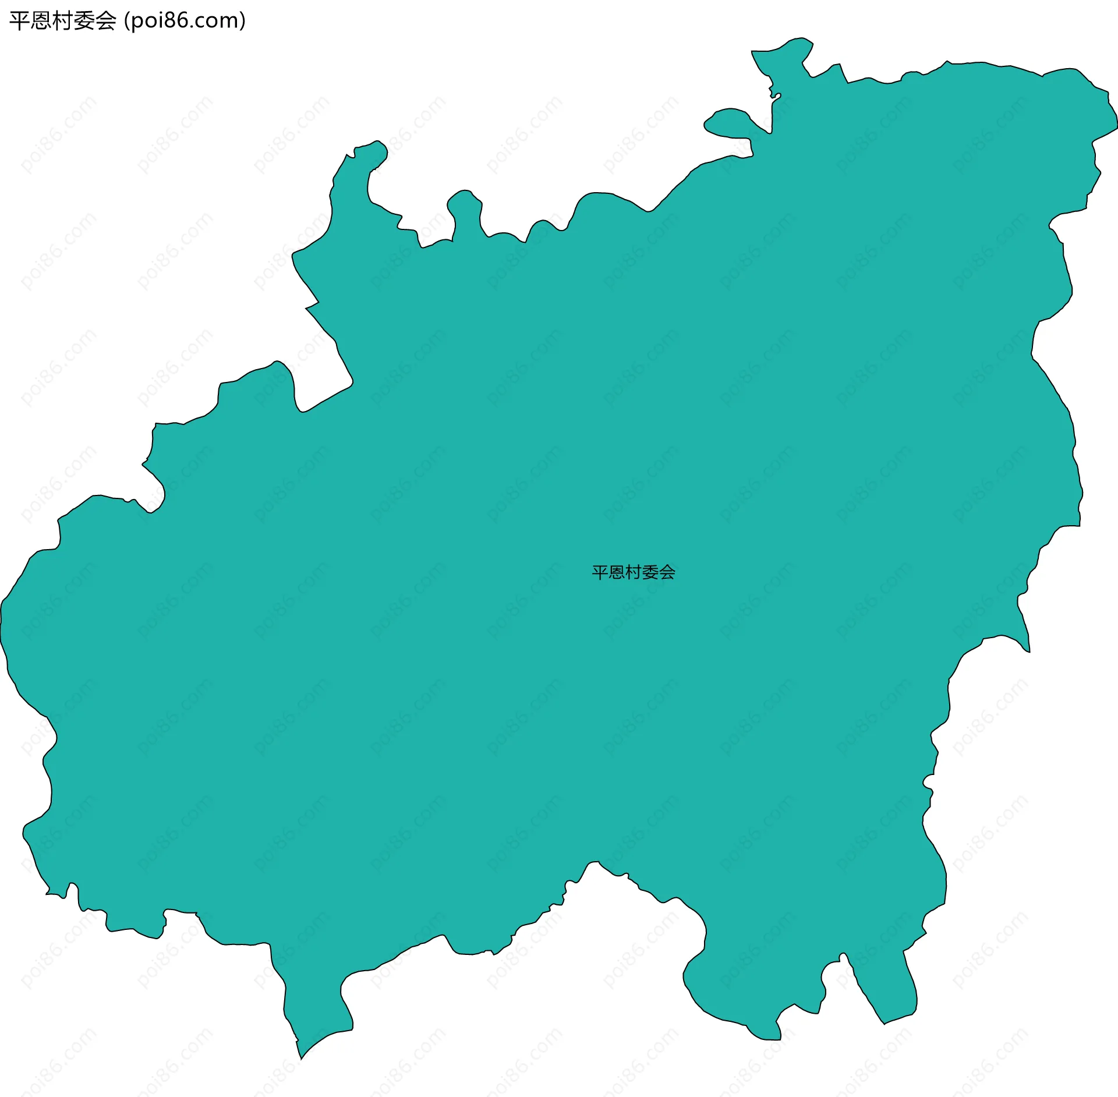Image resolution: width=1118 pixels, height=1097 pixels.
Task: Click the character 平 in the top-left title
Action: (19, 21)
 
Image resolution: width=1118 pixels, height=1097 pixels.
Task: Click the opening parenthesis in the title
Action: (126, 21)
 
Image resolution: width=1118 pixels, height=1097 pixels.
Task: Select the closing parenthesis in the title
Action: (243, 21)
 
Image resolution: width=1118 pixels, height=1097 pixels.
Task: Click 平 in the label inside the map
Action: (600, 572)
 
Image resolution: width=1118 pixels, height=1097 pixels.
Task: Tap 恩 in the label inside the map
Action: (617, 572)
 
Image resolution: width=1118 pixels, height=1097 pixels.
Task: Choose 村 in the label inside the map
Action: (634, 572)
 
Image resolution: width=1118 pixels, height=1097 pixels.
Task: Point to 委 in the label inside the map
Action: (650, 572)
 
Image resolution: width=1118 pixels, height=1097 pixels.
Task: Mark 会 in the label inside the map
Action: (667, 572)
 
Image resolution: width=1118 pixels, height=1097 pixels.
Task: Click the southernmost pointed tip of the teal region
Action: (301, 1058)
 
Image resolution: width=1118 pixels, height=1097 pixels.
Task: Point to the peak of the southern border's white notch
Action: (594, 862)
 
